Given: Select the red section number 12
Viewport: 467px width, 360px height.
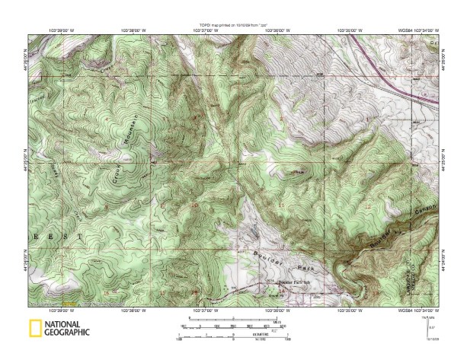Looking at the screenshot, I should point(368,206).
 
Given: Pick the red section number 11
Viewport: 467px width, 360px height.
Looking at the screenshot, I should point(281,206).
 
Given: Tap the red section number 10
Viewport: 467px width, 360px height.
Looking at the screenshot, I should point(194,205).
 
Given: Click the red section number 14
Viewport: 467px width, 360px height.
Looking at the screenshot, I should point(281,290).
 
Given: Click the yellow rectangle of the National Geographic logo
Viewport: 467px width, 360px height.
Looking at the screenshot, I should point(34,329).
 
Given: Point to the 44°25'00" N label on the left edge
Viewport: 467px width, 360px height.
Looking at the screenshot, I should point(25,162).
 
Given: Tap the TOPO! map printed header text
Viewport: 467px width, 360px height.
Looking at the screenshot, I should point(233,25).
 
